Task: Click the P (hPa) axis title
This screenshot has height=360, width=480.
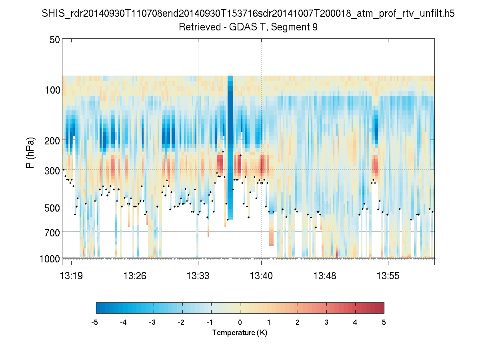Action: click(30, 153)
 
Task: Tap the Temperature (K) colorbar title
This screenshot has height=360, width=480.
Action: click(240, 333)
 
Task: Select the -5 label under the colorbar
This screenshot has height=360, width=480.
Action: click(95, 322)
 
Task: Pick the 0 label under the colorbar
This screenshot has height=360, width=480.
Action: click(240, 322)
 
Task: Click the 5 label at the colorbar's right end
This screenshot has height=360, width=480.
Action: click(384, 322)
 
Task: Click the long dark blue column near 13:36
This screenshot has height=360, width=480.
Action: click(230, 140)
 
